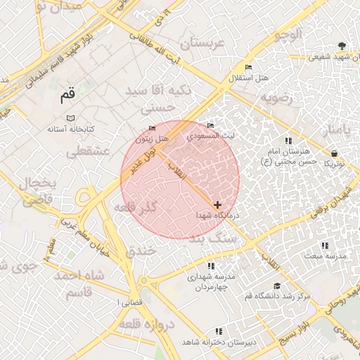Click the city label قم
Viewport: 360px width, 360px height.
coord(67,93)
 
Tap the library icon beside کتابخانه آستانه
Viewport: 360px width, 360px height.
coord(70,118)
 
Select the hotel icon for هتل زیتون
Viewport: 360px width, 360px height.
coord(153,129)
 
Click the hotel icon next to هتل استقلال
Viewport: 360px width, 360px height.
coord(247,67)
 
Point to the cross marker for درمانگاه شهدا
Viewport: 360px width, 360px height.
coord(217,204)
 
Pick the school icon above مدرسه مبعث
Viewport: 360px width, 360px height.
coord(325,245)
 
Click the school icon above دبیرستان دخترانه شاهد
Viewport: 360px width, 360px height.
coord(219,330)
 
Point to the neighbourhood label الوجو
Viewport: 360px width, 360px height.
coord(290,33)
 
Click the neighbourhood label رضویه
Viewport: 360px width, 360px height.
coord(276,98)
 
